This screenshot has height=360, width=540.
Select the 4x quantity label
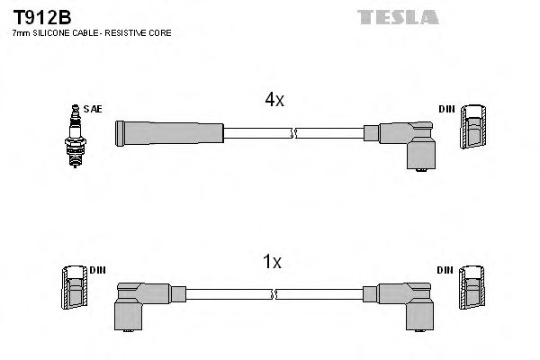[x=274, y=101]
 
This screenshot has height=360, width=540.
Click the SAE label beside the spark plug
[x=94, y=109]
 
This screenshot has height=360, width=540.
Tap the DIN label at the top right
[x=446, y=109]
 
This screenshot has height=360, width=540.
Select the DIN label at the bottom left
[x=98, y=269]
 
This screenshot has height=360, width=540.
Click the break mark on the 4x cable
[x=292, y=133]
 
